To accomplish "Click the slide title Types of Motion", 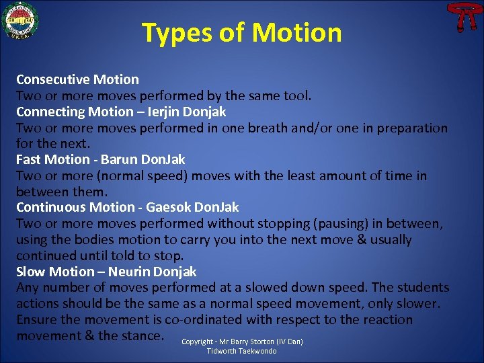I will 241,32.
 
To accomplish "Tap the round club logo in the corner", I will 20,20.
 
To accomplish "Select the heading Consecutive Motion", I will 77,79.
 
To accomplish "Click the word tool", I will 296,95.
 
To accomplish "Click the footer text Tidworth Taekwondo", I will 241,351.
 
